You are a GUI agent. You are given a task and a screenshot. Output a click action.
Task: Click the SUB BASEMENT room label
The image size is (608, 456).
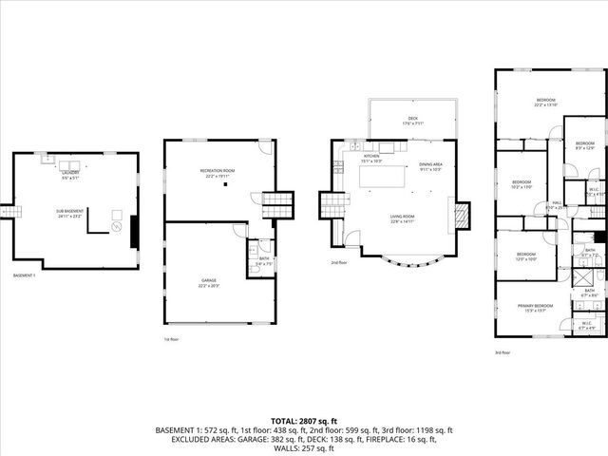(71, 212)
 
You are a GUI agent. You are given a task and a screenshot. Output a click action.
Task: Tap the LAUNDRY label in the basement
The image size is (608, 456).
(71, 173)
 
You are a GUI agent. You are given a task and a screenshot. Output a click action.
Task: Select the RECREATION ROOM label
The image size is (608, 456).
(219, 170)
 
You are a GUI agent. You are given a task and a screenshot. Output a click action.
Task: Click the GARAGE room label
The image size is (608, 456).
(218, 255)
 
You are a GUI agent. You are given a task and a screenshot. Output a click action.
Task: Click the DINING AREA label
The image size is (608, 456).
(431, 164)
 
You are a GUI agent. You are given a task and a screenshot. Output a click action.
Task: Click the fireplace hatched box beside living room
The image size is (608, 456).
(461, 215)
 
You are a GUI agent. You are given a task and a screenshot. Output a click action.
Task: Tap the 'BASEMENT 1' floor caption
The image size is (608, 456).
(25, 275)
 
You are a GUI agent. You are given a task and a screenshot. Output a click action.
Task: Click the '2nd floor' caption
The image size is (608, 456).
(338, 262)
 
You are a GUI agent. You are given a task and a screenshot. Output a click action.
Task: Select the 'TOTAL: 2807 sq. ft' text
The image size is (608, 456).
(303, 420)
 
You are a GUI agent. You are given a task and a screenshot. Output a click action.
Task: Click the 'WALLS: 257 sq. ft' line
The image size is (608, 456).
(304, 448)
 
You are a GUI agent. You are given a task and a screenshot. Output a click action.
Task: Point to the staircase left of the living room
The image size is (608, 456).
(330, 203)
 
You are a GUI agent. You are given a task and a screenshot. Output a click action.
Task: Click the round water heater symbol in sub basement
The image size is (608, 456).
(116, 228)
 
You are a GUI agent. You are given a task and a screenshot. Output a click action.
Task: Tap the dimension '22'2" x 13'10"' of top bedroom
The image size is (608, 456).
(545, 105)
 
